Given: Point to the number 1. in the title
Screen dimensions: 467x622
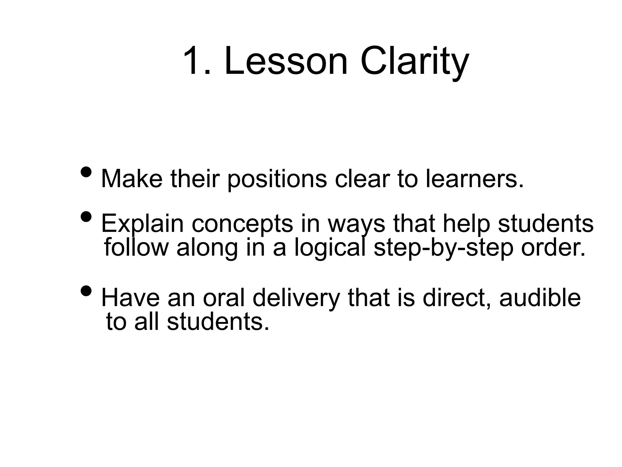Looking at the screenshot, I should (x=197, y=61).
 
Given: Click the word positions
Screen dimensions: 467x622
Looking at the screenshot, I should (x=277, y=179).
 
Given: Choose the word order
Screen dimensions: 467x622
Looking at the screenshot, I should (x=553, y=248).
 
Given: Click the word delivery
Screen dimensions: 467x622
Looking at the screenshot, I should (x=296, y=298).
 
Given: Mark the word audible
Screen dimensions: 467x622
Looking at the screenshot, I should (x=540, y=298).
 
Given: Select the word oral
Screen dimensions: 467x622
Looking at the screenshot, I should (x=224, y=298).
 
